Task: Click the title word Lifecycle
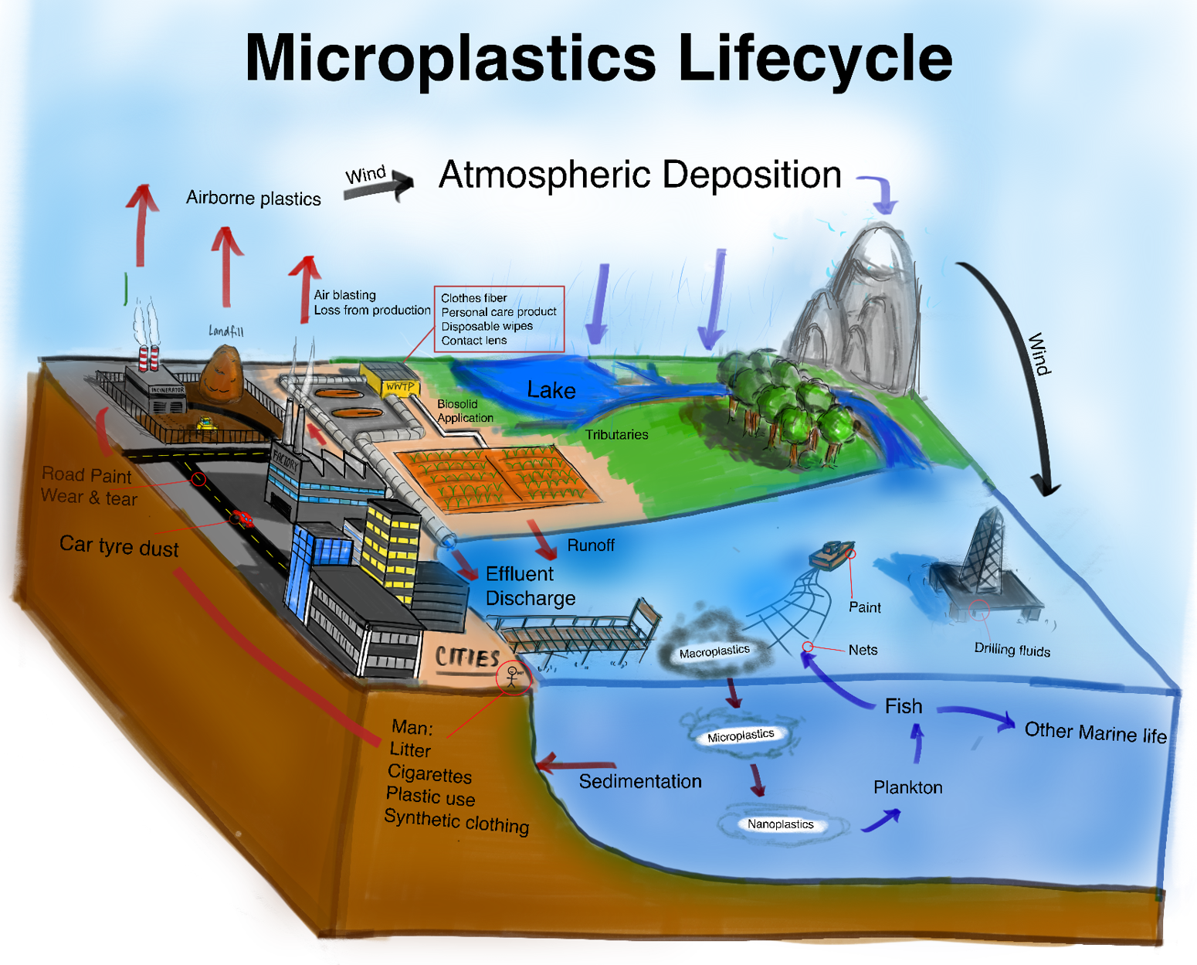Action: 815,58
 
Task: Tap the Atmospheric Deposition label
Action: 639,175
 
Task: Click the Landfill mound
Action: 222,375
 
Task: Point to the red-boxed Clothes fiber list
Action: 498,319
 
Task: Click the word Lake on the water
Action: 551,390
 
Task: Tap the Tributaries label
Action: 616,435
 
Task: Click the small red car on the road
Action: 243,518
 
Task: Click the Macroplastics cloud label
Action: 714,652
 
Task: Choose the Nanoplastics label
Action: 780,824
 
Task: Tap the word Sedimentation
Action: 640,782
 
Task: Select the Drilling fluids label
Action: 1012,650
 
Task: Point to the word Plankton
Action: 907,787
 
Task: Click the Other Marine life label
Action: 1095,732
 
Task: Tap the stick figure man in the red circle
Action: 512,677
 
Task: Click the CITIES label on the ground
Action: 467,657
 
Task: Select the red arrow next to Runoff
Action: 543,539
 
